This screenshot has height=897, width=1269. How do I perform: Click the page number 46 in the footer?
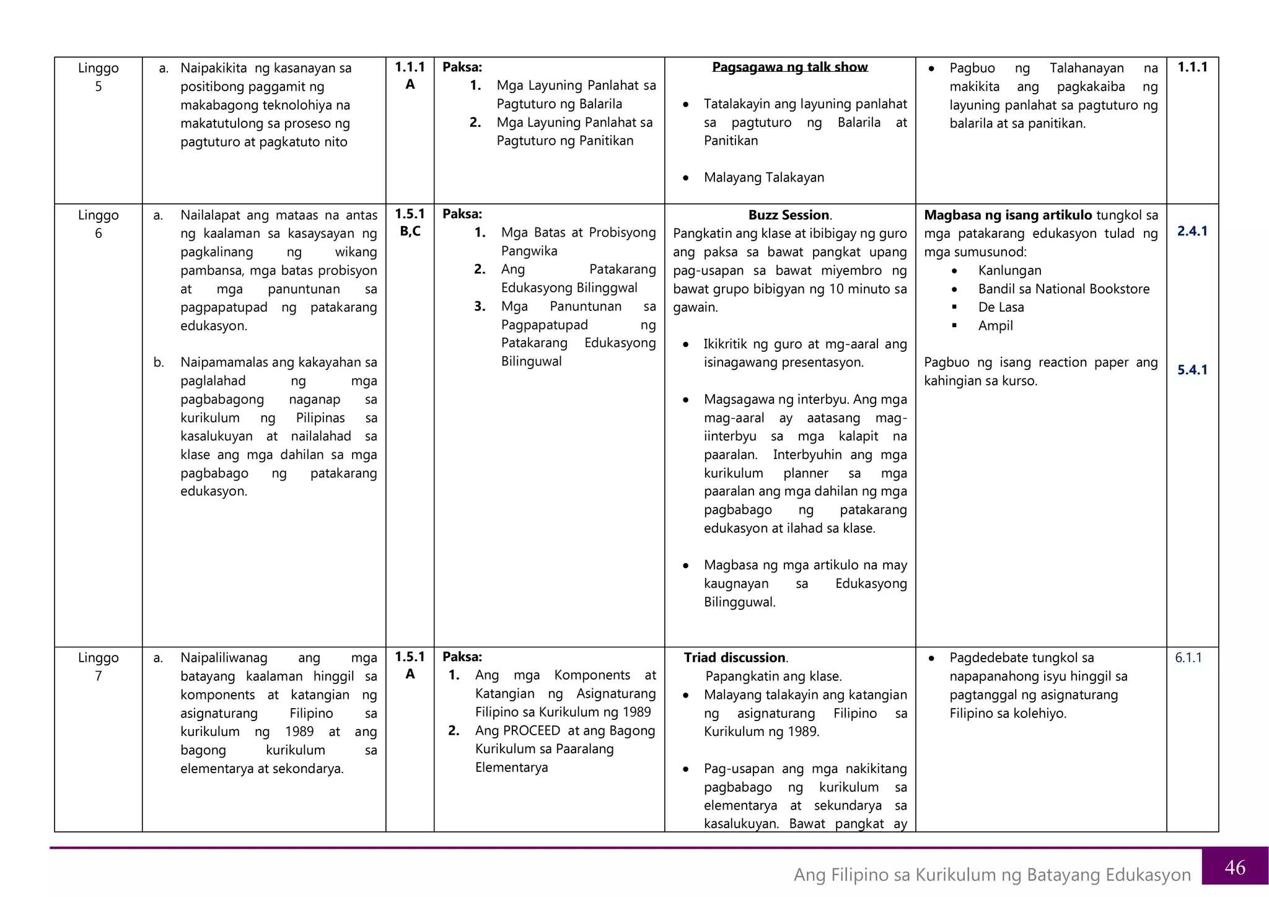[1234, 867]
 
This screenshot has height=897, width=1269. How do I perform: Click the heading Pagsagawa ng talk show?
[789, 67]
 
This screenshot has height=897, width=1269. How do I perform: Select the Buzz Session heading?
[789, 215]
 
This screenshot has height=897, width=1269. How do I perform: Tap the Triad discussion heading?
[735, 657]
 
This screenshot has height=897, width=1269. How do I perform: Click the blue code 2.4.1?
[1192, 231]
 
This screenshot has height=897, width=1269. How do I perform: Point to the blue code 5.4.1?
[1192, 370]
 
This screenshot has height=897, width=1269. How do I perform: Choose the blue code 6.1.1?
[1188, 657]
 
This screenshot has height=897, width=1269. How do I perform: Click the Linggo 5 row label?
[98, 77]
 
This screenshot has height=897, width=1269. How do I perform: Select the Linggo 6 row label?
[98, 224]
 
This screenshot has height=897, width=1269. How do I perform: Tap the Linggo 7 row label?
[98, 667]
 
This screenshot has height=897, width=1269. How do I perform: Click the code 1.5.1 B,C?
[410, 222]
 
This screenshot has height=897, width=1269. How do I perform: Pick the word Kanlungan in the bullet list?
[1009, 270]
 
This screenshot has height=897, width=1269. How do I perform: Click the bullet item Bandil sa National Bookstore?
[1063, 289]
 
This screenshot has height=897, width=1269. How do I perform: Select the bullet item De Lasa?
[1001, 307]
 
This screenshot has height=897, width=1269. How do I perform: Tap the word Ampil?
[995, 325]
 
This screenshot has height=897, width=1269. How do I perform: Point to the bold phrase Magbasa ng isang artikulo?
[1008, 215]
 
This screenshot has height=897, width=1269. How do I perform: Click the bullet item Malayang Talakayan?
[763, 177]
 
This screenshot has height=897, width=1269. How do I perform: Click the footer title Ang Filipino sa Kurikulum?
[991, 874]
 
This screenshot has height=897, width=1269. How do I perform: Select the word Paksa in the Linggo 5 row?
[462, 67]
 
